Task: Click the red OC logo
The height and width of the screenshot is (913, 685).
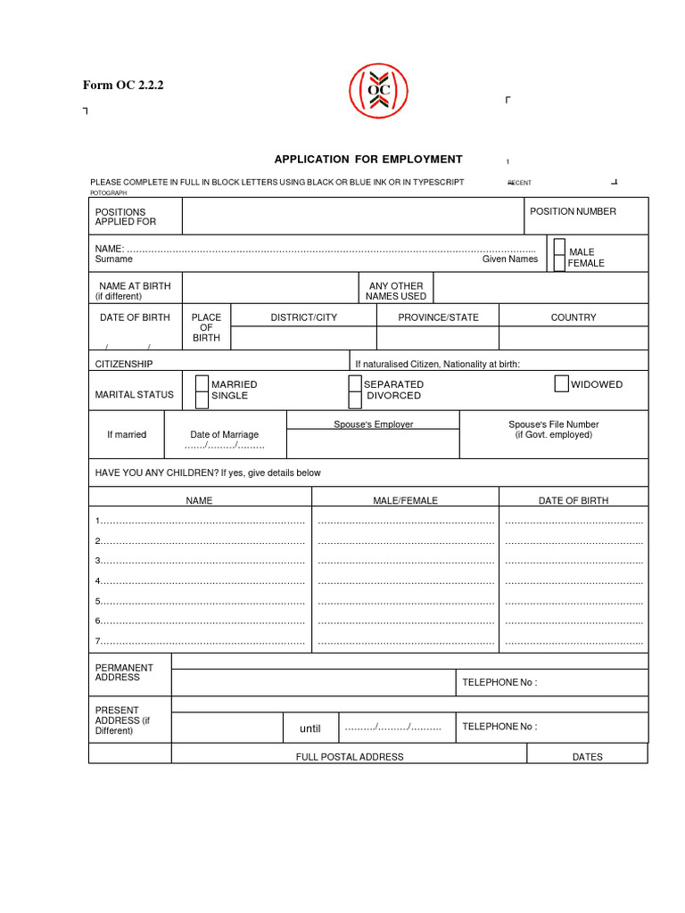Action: pos(377,91)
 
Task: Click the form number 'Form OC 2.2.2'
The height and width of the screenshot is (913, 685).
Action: pos(123,86)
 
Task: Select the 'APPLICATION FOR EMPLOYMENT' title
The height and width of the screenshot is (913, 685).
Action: pos(368,160)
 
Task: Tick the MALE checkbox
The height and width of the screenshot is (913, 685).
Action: pos(559,246)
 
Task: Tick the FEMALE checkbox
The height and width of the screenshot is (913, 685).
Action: pos(559,262)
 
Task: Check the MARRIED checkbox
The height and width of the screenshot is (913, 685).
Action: pos(202,383)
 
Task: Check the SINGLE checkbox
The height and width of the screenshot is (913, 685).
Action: pos(202,399)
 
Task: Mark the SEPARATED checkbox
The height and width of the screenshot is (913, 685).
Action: pos(356,383)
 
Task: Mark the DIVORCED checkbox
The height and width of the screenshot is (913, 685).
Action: pos(356,399)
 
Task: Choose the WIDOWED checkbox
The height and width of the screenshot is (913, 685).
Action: pos(561,383)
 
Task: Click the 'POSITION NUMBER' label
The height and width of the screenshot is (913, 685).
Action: pos(573,211)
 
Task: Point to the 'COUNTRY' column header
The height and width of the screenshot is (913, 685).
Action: pos(574,317)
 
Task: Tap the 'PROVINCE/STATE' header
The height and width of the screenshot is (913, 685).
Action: pos(438,317)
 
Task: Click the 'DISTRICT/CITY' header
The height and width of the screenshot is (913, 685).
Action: pos(304,317)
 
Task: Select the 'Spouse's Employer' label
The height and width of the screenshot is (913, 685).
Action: pos(374,424)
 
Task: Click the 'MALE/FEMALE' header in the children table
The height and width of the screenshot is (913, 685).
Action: pos(405,501)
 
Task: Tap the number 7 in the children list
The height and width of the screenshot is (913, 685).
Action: pos(98,641)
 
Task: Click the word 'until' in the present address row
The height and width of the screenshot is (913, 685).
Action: pos(309,728)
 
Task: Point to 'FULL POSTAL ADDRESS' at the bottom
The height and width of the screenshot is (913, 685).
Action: pos(350,757)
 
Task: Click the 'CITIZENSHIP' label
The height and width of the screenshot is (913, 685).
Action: pos(124,364)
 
